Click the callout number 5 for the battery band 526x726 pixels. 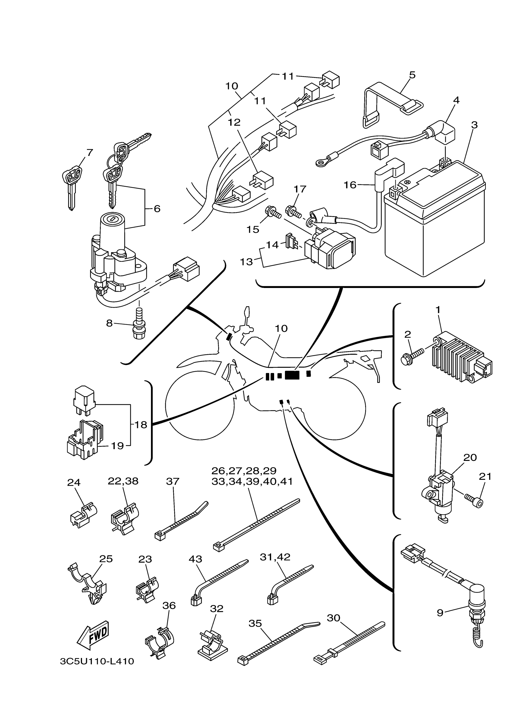pyautogui.click(x=412, y=75)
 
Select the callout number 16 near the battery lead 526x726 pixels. pyautogui.click(x=350, y=185)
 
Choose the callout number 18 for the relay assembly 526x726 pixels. pyautogui.click(x=140, y=425)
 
